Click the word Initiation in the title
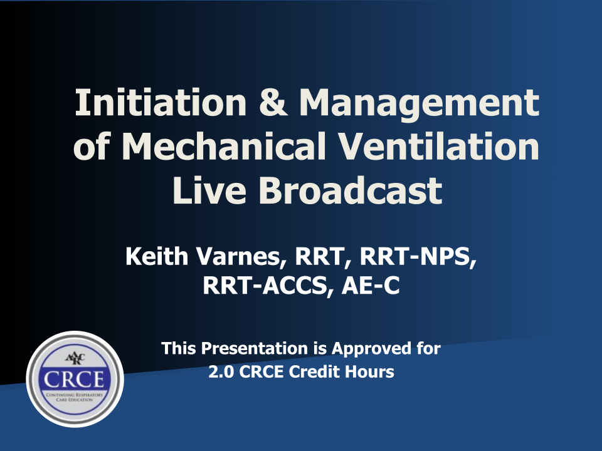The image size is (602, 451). coord(161,102)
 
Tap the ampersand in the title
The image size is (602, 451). coord(273,102)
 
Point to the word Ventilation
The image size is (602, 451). coord(440,146)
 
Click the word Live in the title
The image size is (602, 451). coord(209,190)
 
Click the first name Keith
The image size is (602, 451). coord(157,256)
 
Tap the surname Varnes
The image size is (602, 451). coord(239,257)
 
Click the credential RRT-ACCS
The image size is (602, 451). coord(265,286)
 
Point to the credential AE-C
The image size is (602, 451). coord(371,286)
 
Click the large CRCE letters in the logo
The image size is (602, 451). coord(74,380)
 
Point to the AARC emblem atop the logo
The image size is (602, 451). coord(75,359)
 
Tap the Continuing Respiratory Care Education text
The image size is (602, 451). coord(75,397)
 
